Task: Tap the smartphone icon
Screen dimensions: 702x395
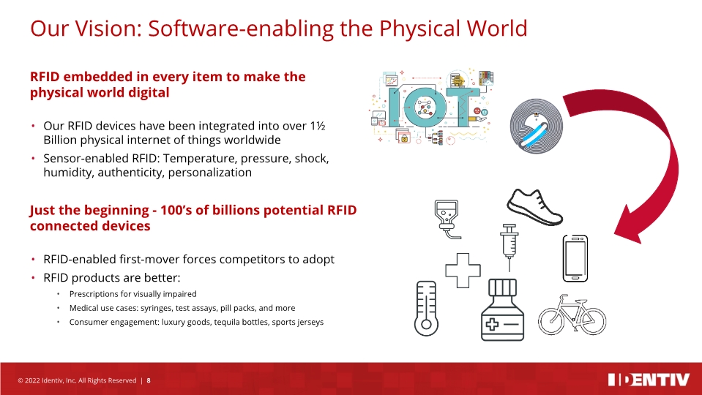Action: click(x=575, y=258)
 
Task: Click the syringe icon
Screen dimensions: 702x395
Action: click(x=509, y=247)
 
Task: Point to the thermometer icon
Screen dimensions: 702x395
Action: click(x=426, y=308)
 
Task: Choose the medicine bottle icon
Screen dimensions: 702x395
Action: click(x=502, y=309)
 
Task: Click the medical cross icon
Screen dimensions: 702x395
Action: click(x=463, y=270)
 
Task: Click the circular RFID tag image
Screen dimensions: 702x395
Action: click(x=537, y=127)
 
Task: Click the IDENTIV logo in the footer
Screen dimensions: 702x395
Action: click(x=649, y=380)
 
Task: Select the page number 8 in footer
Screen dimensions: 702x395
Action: click(x=149, y=380)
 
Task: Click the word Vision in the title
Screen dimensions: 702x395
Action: click(x=108, y=29)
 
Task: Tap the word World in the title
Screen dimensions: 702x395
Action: click(x=497, y=29)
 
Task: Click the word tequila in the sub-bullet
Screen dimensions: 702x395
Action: click(x=226, y=322)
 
